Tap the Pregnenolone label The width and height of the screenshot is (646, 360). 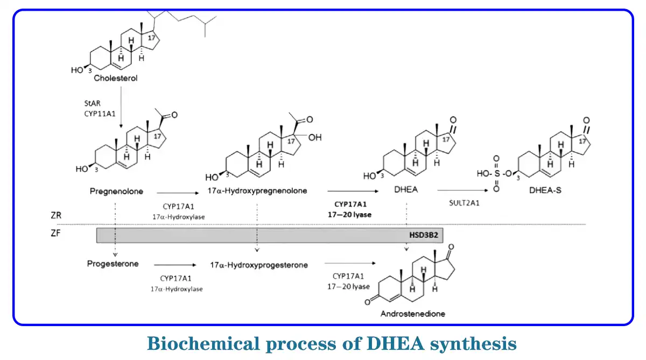pyautogui.click(x=112, y=191)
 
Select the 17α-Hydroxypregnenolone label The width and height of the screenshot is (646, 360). pyautogui.click(x=257, y=191)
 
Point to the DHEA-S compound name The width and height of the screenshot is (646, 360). pyautogui.click(x=545, y=190)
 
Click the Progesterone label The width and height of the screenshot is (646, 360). pyautogui.click(x=113, y=264)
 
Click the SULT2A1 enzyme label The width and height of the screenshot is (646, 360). pyautogui.click(x=463, y=203)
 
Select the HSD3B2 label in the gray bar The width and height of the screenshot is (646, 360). pyautogui.click(x=424, y=236)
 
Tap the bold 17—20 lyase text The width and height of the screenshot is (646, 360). pyautogui.click(x=353, y=214)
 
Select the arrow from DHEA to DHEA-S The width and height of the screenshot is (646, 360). pyautogui.click(x=463, y=190)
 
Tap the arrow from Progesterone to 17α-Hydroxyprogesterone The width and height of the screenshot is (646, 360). pyautogui.click(x=174, y=265)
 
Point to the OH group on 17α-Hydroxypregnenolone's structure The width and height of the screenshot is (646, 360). pyautogui.click(x=315, y=138)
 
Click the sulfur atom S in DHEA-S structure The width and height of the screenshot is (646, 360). pyautogui.click(x=496, y=174)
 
